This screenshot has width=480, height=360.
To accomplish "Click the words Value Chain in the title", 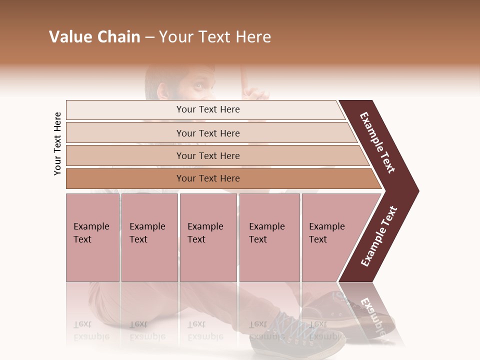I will [94, 37].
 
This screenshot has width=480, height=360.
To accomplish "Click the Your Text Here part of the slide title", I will [215, 37].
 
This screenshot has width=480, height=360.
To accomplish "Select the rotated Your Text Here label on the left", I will [57, 144].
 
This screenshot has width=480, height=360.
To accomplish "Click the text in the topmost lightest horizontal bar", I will [208, 109].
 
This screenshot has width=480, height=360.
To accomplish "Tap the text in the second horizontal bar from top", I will [208, 133].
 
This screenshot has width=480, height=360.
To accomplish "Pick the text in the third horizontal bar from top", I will [208, 156].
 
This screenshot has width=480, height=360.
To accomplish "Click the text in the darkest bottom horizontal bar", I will [208, 178].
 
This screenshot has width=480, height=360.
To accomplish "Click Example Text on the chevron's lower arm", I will [379, 236].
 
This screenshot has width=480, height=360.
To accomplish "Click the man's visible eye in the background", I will [199, 86].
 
